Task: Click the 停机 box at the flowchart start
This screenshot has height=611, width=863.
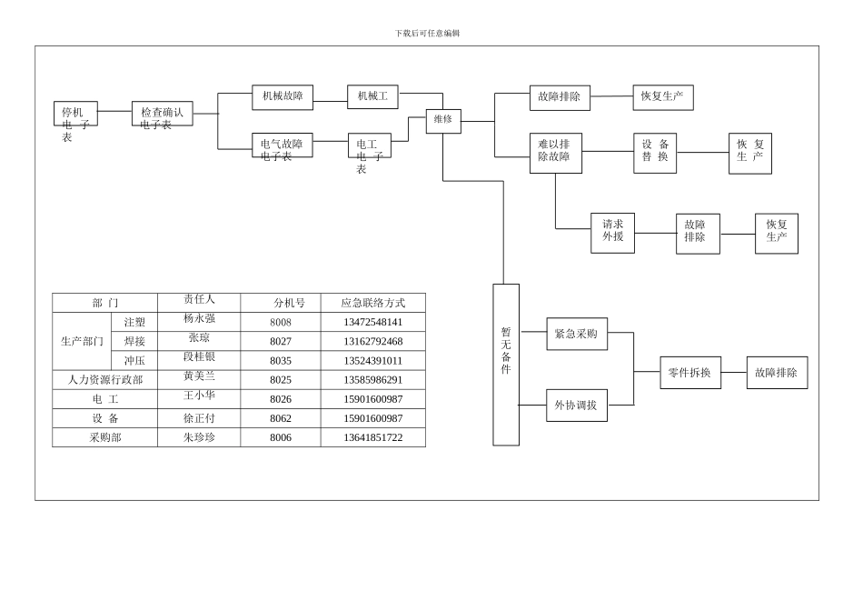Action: tap(75, 113)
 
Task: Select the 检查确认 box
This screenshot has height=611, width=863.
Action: tap(162, 113)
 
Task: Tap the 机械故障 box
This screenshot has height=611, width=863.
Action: tap(283, 96)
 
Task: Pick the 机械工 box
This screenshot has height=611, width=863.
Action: tap(372, 96)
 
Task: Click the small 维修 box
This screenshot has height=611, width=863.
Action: tap(443, 121)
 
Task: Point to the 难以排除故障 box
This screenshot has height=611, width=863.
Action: tap(556, 153)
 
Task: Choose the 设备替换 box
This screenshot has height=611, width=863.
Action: tap(655, 153)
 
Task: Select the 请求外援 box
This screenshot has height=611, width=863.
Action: tap(612, 233)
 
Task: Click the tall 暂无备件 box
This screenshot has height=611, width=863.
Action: tap(506, 364)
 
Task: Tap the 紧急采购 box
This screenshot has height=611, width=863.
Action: tap(577, 334)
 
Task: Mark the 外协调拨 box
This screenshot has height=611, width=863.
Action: tap(577, 405)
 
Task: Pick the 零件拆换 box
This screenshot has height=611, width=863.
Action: tap(690, 373)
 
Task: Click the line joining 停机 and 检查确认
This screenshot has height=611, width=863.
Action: tap(114, 111)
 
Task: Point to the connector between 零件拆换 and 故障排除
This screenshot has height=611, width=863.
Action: tap(734, 373)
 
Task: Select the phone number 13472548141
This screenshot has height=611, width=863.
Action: tap(372, 322)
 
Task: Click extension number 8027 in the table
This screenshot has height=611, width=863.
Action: tap(281, 342)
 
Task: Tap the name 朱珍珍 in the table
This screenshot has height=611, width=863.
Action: tap(199, 437)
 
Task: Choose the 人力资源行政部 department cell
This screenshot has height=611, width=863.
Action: tap(105, 380)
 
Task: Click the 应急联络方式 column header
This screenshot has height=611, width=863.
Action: tap(372, 303)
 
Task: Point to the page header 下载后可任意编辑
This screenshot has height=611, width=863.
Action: tap(427, 34)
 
